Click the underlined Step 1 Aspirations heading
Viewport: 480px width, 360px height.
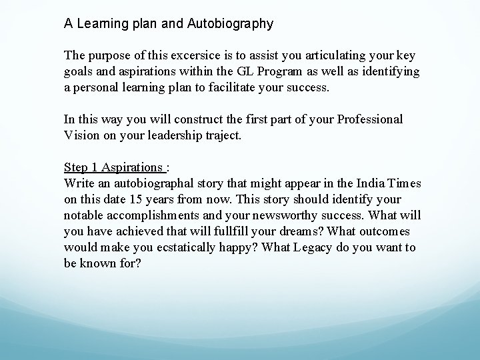(114, 167)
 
